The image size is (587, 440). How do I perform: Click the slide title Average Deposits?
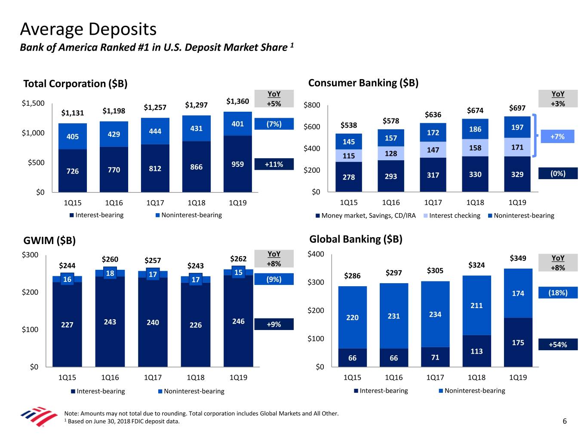click(x=88, y=29)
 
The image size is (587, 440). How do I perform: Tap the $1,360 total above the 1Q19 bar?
click(x=237, y=101)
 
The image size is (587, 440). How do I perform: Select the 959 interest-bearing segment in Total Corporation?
click(x=237, y=164)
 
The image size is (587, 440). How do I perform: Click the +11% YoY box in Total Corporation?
click(x=274, y=164)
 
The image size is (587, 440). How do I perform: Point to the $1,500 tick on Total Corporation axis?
click(x=33, y=103)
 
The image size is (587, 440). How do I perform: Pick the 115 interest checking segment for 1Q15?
click(x=348, y=156)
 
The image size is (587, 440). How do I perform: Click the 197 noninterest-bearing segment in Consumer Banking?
click(x=517, y=127)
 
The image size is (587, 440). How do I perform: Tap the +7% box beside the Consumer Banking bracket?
click(x=557, y=137)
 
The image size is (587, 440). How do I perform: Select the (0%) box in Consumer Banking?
click(x=558, y=174)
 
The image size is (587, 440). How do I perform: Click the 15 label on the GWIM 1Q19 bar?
click(x=238, y=272)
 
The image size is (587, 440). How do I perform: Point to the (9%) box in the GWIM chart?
click(x=274, y=279)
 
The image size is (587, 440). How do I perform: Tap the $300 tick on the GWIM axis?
click(x=30, y=255)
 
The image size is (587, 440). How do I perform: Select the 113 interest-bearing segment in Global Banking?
click(x=476, y=351)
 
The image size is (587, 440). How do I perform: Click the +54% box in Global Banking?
click(x=558, y=345)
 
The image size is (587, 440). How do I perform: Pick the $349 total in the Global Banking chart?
click(x=518, y=258)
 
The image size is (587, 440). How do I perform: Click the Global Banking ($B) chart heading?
click(x=356, y=239)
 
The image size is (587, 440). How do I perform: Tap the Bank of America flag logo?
click(x=39, y=416)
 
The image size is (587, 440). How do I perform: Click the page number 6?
click(x=565, y=421)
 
